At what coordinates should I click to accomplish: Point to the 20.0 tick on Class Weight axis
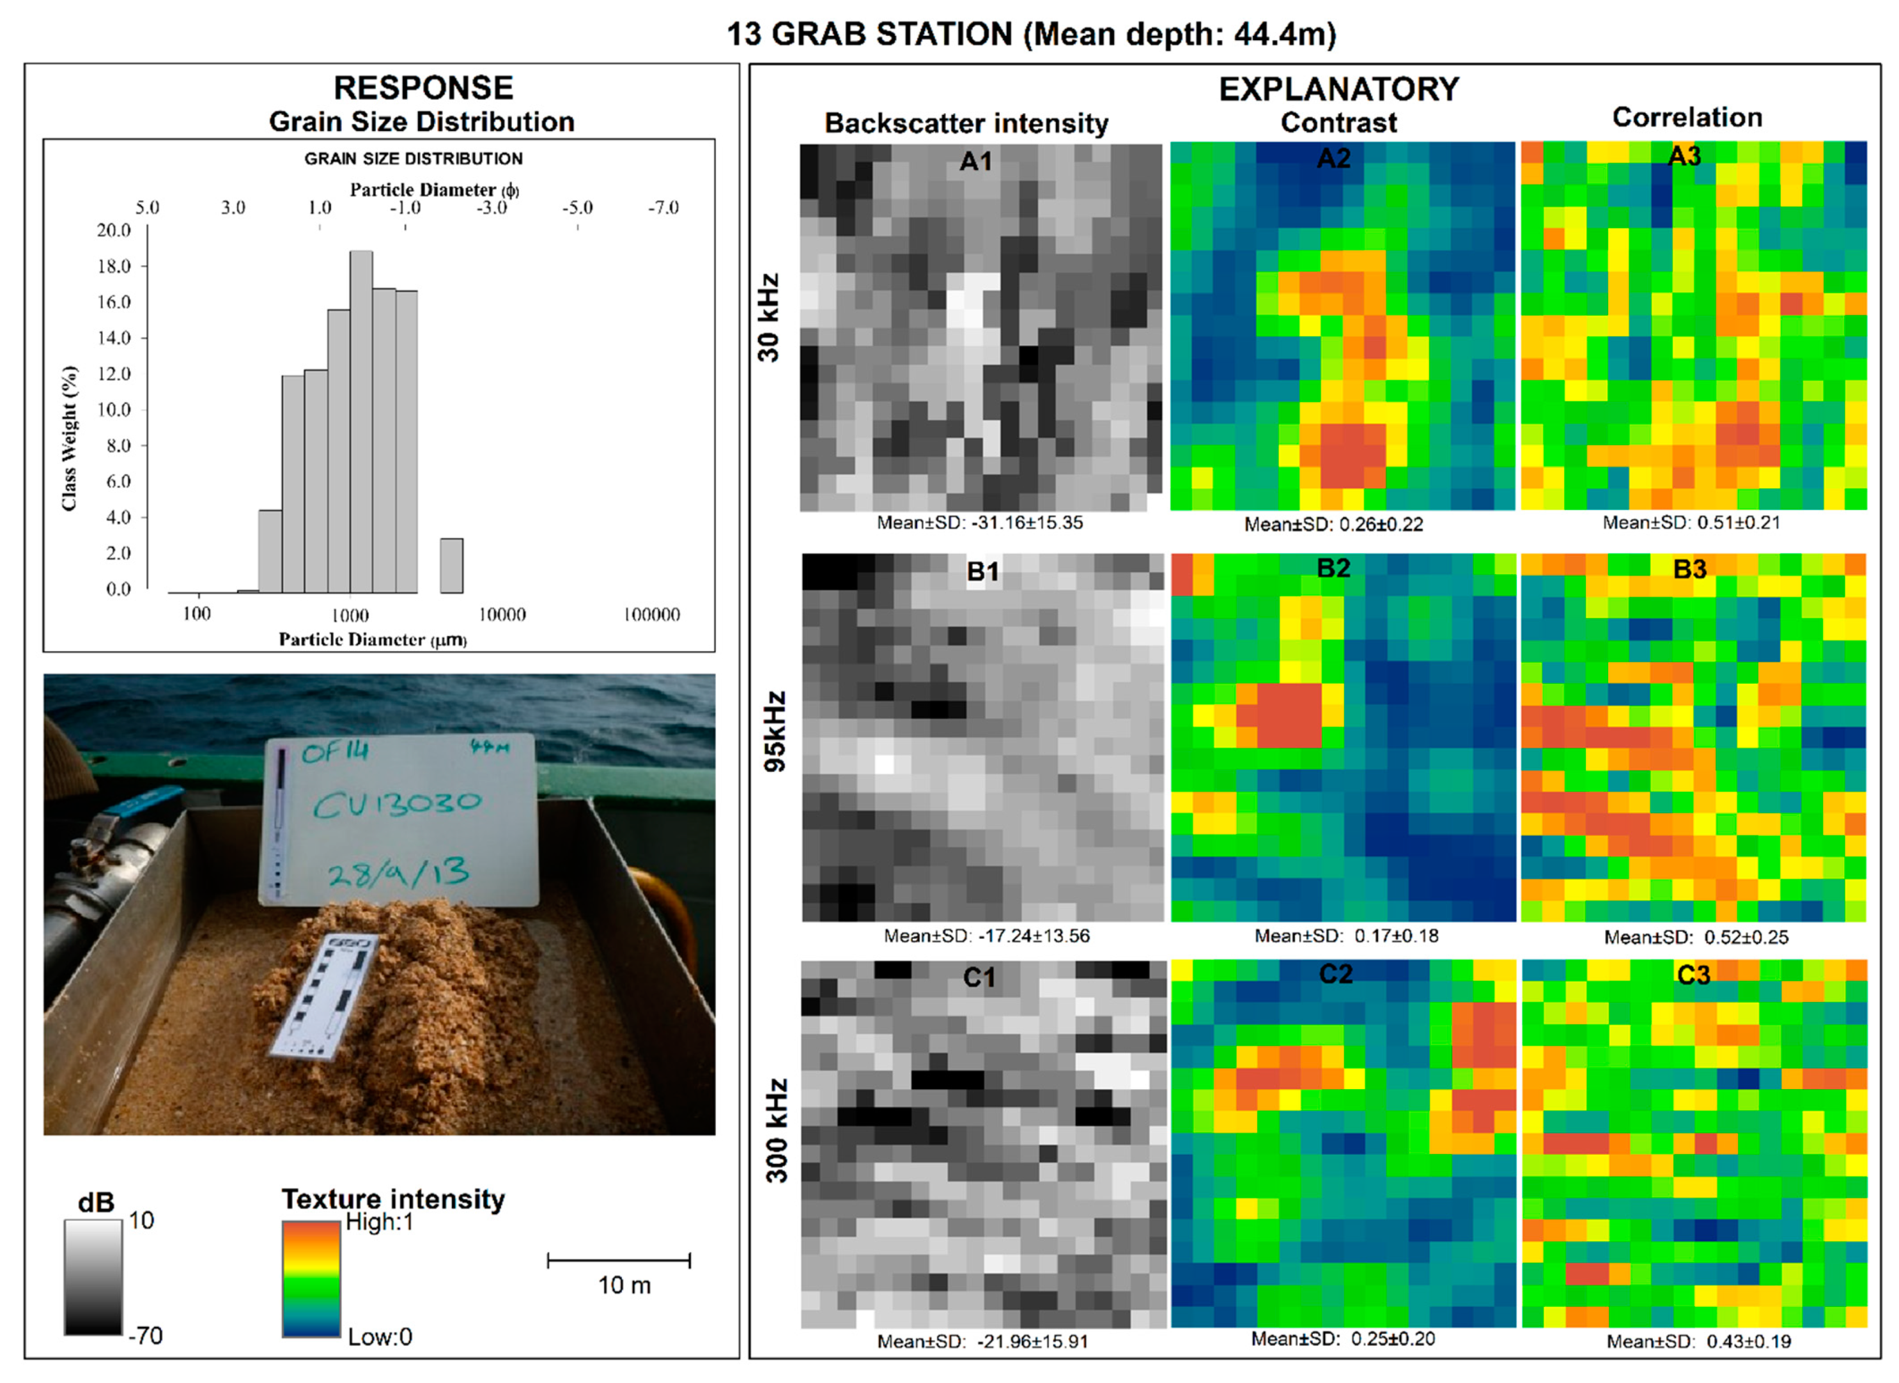click(114, 230)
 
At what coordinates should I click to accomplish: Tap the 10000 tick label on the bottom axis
click(502, 614)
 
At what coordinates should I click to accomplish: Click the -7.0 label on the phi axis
click(663, 208)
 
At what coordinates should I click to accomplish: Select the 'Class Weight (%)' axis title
click(70, 438)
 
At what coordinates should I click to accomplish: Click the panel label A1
click(975, 161)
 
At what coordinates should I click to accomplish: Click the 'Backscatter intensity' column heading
click(966, 123)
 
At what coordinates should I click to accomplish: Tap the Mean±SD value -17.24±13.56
click(987, 936)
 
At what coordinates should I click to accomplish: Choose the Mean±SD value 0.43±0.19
click(1698, 1341)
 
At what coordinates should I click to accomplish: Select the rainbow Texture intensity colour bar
click(311, 1278)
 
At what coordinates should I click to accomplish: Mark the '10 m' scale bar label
click(624, 1285)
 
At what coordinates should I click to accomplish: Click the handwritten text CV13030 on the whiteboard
click(397, 805)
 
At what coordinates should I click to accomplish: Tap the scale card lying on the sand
click(322, 996)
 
